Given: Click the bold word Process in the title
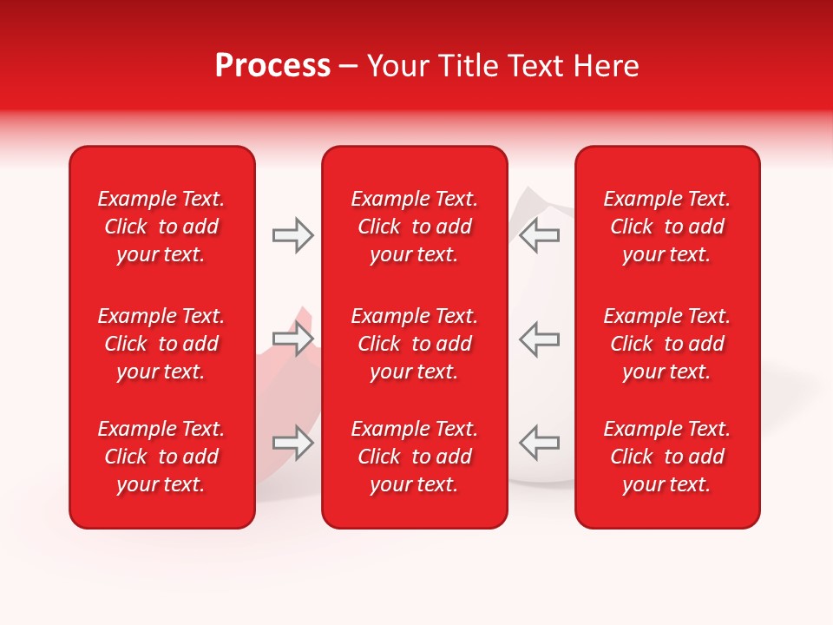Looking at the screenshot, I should coord(272,66).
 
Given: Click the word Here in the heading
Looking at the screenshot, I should coord(607,66).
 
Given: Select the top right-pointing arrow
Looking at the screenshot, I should coord(292,235).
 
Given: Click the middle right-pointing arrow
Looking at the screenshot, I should coord(292,339).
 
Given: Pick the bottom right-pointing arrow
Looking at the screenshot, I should coord(292,443).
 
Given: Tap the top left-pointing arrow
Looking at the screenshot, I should coord(540,235).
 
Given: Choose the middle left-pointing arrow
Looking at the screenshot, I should coord(540,339).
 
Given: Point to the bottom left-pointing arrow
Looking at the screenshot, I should coord(540,443).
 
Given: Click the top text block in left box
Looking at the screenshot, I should coord(161,227).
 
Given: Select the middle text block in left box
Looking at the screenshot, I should coord(161,344).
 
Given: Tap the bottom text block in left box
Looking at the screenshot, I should coord(161,457).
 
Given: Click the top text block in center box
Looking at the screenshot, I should coord(414,227).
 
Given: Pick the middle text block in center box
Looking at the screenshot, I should coord(414,344).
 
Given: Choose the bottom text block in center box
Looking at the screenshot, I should coord(414,457).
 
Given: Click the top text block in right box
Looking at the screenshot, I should coord(666,227).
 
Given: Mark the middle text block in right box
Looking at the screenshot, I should coord(666,344).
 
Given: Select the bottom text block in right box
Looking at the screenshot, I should coord(666,457).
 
